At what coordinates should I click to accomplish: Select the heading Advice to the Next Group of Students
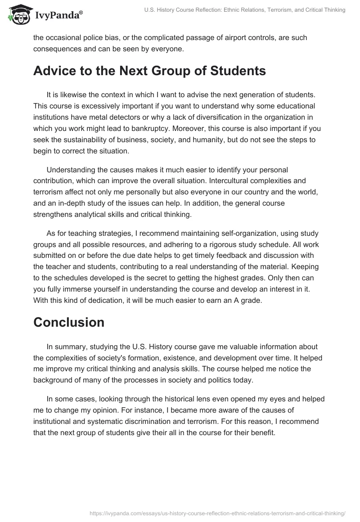(x=149, y=71)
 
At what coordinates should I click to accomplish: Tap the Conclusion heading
(x=69, y=322)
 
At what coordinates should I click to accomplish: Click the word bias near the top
(x=112, y=38)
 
